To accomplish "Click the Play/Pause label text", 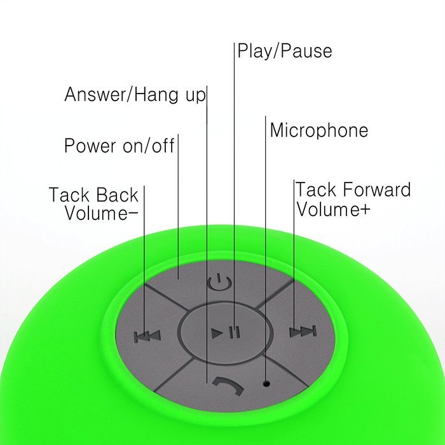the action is (285, 51).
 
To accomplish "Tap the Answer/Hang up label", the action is (135, 95).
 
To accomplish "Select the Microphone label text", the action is (318, 130).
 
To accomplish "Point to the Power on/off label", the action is (120, 146).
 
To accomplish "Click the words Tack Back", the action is (93, 195).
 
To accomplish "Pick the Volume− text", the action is (101, 213).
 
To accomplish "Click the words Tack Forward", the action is (353, 189).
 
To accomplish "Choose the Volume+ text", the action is (333, 209).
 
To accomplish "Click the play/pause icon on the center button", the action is (226, 332).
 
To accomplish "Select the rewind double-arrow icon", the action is (147, 336).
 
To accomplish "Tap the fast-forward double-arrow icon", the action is (303, 331).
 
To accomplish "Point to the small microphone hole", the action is (266, 384).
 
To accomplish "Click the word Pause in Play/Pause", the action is (307, 51).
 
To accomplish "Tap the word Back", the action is (117, 195).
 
